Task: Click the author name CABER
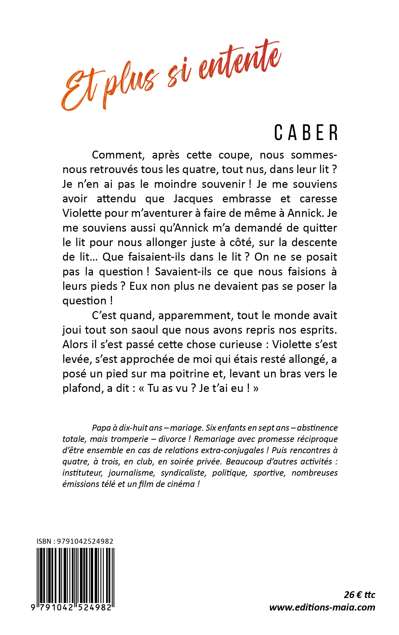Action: (306, 133)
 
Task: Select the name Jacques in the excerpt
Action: (193, 199)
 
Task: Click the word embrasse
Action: (247, 199)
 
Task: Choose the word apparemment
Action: (195, 316)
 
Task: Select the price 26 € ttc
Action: (359, 595)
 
